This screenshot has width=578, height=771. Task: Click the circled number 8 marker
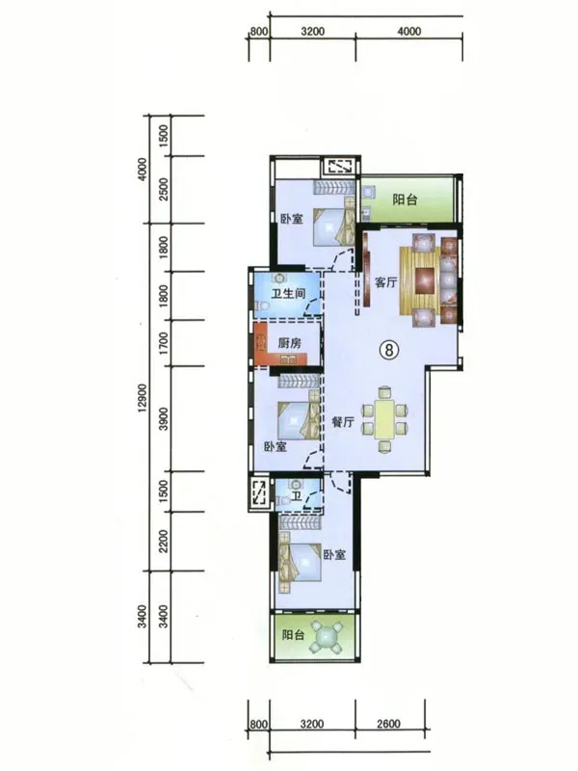(389, 350)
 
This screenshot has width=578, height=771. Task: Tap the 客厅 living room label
(386, 282)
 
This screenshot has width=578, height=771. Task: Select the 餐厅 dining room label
(343, 422)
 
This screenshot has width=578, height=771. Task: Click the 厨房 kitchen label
(290, 343)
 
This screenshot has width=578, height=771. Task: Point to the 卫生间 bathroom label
(288, 294)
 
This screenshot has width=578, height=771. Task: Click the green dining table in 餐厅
(384, 419)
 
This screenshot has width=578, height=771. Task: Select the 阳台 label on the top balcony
(405, 199)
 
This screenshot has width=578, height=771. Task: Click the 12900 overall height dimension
(142, 397)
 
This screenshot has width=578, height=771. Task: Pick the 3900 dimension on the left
(164, 418)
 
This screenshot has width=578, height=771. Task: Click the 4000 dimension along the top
(408, 32)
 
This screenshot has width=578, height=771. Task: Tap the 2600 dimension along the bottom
(388, 724)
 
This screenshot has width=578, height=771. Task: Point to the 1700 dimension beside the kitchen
(164, 343)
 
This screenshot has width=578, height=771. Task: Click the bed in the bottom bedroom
(300, 562)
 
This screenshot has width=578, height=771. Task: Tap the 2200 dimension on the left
(164, 541)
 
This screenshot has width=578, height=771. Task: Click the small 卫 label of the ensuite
(297, 496)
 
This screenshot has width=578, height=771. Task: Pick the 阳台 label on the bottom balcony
(294, 635)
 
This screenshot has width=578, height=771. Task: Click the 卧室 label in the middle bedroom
(276, 447)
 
